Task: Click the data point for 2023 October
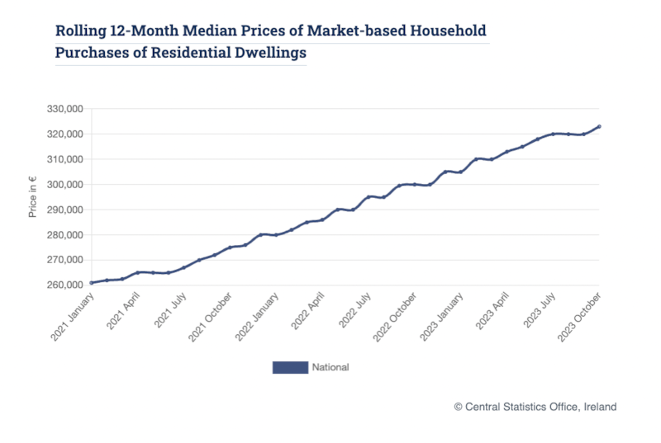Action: [599, 126]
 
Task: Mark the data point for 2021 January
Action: [92, 283]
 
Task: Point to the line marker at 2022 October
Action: [414, 184]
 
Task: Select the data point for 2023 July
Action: [553, 134]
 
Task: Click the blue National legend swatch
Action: [289, 367]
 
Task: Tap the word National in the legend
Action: [330, 367]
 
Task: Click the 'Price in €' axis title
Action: [33, 197]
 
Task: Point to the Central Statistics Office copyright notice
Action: [535, 407]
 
